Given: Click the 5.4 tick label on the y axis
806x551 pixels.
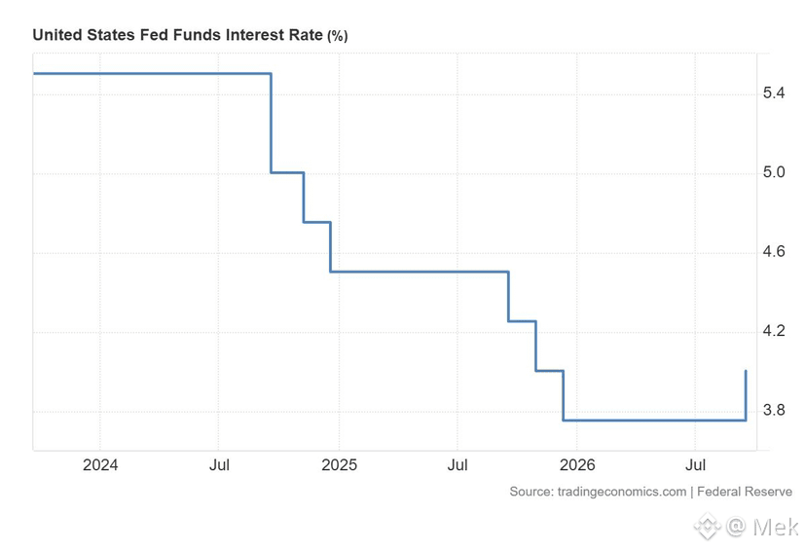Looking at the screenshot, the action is coord(774,93).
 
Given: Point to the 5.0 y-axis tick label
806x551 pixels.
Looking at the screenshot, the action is coord(774,172).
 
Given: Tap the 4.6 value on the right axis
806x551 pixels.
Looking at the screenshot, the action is coord(774,251).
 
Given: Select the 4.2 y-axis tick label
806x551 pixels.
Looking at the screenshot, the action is coord(774,330).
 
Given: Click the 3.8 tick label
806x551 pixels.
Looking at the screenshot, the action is coord(774,410).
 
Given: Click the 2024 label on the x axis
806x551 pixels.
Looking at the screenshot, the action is coord(100,465).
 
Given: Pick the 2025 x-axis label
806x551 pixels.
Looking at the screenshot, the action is coord(340,465).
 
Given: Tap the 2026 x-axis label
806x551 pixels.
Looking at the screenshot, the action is coord(577,465).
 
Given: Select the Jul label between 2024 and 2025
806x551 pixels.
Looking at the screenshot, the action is coord(219,465).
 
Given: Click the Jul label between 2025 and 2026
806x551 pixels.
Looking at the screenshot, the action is coord(458,465).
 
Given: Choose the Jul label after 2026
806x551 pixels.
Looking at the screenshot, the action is coord(695,465).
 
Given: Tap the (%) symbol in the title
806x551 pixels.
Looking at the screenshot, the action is coord(337,36).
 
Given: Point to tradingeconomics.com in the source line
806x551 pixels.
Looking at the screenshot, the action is coord(622,492).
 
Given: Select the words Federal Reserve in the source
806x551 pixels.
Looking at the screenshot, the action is coord(745,492).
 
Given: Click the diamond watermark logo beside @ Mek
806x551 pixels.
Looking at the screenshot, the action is coord(708,527).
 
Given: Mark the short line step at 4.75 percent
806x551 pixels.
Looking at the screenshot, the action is coord(316,222).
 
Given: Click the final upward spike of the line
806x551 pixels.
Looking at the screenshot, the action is coord(746,395).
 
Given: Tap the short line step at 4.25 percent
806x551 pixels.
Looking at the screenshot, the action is coord(523,321).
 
